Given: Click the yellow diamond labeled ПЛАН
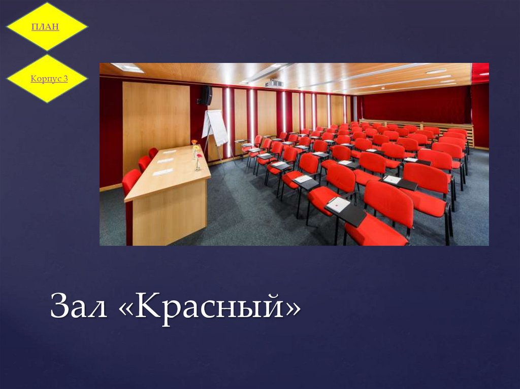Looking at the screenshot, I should pyautogui.click(x=46, y=26).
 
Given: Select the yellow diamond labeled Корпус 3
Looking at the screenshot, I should pyautogui.click(x=47, y=79).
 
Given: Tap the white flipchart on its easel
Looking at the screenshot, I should pyautogui.click(x=216, y=127).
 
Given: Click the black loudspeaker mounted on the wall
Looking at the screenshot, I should pyautogui.click(x=206, y=95).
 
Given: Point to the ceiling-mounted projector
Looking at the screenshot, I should pyautogui.click(x=274, y=83).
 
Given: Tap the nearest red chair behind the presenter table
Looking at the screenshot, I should pyautogui.click(x=131, y=181).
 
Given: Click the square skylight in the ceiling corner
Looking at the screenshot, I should pyautogui.click(x=127, y=67).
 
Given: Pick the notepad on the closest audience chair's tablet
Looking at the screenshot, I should pyautogui.click(x=339, y=204).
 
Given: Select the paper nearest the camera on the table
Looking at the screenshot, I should pyautogui.click(x=162, y=172).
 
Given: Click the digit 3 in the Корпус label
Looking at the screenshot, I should pyautogui.click(x=66, y=79).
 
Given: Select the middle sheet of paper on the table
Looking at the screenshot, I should pyautogui.click(x=166, y=160).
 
